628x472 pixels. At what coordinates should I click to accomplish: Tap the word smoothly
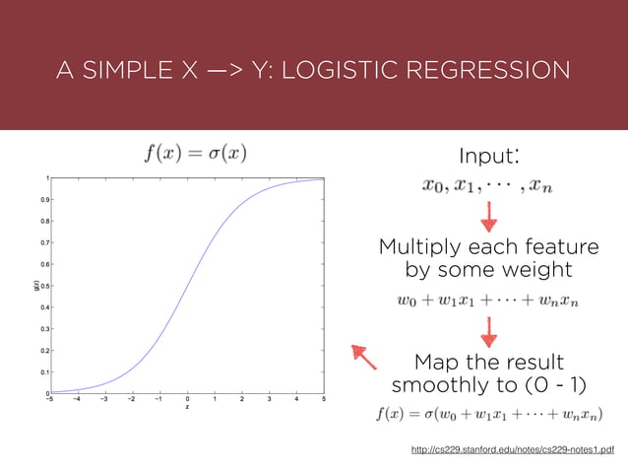[442, 383]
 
